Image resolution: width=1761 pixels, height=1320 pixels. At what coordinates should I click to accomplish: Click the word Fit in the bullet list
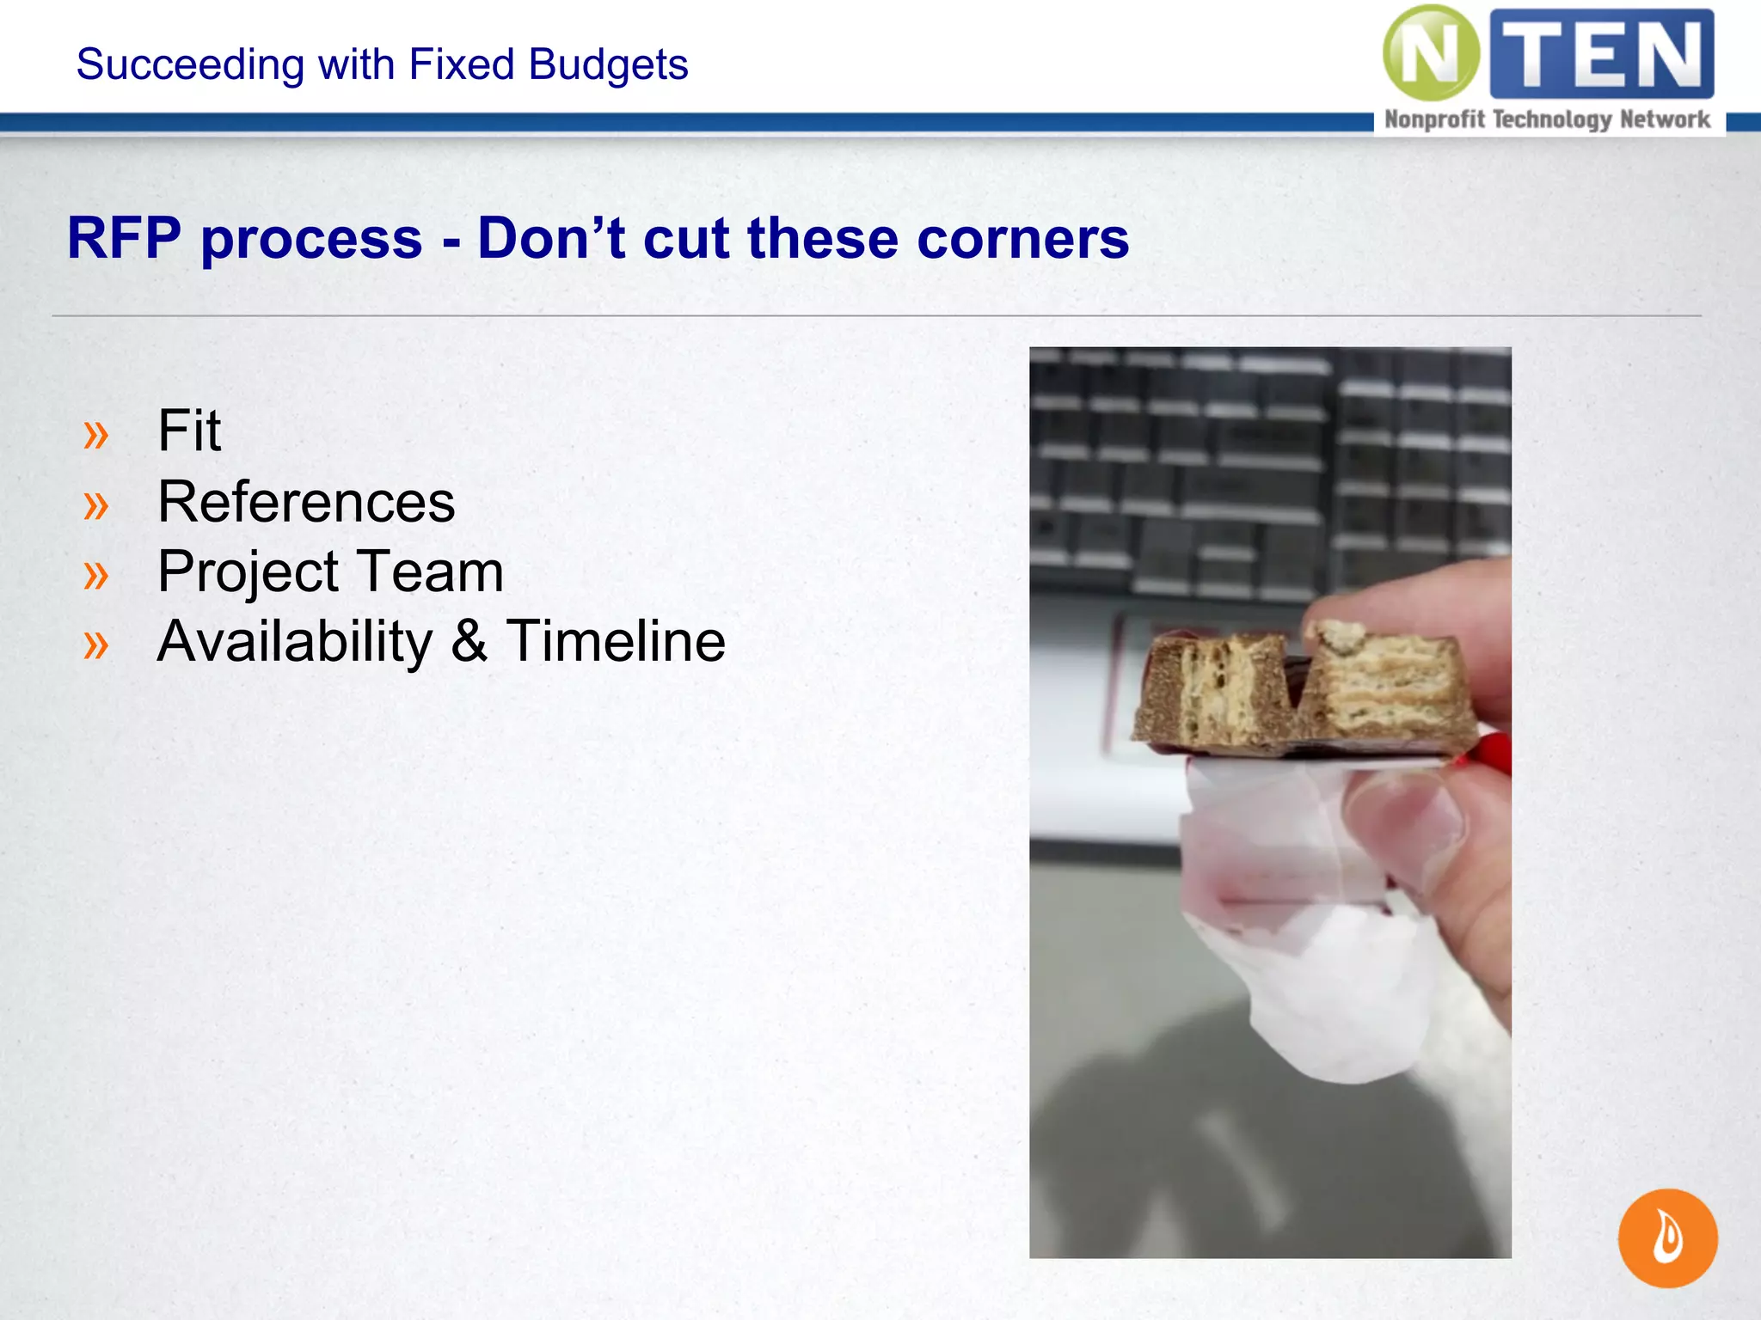pos(189,431)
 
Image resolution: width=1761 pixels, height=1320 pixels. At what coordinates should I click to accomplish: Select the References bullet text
pos(306,502)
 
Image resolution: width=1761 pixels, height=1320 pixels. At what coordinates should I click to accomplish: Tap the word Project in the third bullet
pos(249,572)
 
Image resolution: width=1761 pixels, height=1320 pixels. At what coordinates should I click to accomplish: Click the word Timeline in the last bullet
pos(616,642)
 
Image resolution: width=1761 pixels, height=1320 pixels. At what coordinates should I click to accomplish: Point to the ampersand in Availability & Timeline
pos(469,642)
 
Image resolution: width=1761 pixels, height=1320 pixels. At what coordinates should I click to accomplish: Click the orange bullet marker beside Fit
pos(96,435)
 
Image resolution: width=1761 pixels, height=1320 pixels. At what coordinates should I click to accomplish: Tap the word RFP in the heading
pos(125,238)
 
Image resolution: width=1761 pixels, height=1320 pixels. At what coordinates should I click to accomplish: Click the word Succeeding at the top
pos(189,64)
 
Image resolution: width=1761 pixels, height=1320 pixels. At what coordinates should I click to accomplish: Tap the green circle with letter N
pos(1430,53)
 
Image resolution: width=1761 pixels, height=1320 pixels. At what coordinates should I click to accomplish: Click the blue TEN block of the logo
pos(1602,53)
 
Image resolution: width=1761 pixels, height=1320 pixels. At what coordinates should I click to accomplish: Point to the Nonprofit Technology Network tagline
pos(1547,119)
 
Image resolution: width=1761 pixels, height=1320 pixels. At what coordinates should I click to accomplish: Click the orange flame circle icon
pos(1667,1237)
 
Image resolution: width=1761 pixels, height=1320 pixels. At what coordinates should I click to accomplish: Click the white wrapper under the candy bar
pos(1341,988)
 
